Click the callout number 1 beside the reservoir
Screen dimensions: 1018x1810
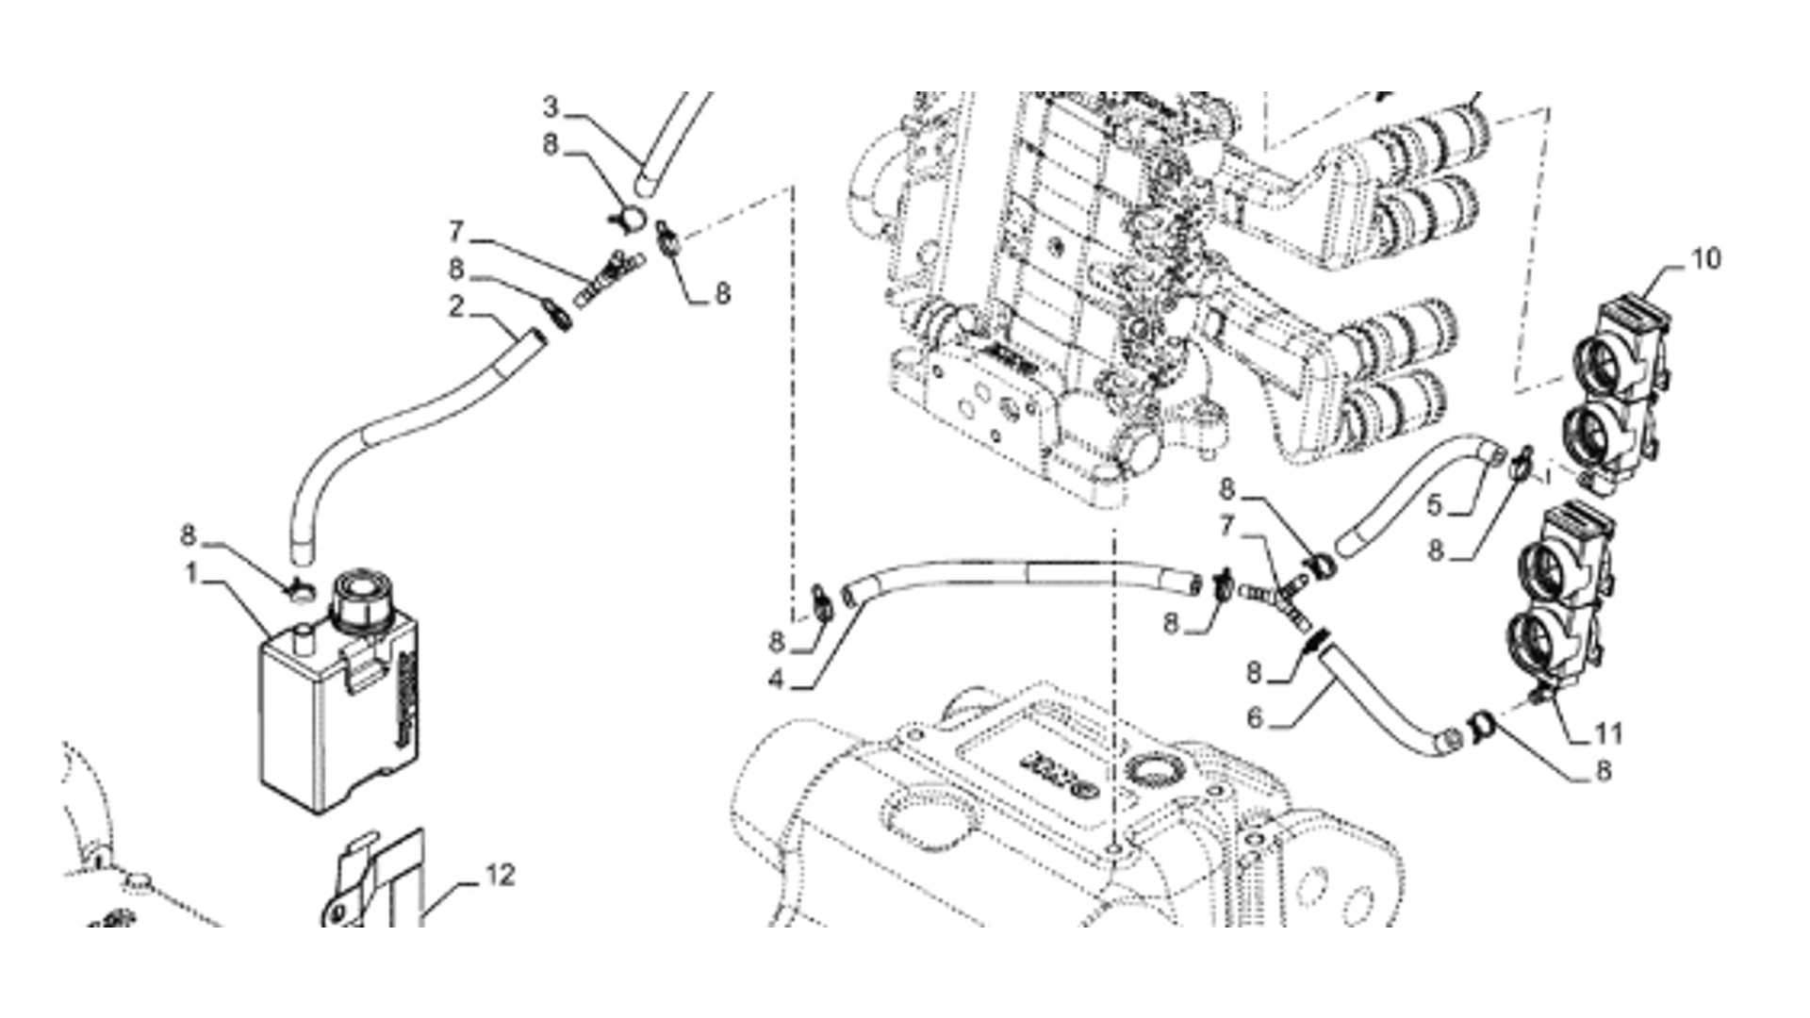tap(191, 573)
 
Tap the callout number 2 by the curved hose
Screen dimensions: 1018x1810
tap(457, 306)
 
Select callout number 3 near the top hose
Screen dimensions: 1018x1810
tap(551, 107)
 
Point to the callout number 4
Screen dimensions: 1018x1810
tap(776, 679)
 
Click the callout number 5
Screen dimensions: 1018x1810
tap(1434, 506)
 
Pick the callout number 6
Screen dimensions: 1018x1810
tap(1255, 718)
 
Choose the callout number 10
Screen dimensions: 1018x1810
tap(1706, 258)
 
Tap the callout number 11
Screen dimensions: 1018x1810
tap(1608, 733)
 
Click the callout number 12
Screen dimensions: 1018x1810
tap(500, 876)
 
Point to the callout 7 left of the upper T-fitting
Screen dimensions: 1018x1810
tap(457, 232)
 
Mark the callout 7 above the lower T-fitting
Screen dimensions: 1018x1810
tap(1227, 526)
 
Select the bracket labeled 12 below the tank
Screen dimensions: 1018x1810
tap(377, 881)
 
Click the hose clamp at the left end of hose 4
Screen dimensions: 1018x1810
tap(821, 604)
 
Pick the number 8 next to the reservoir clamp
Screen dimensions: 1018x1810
tap(189, 536)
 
